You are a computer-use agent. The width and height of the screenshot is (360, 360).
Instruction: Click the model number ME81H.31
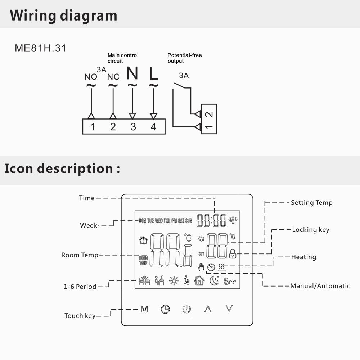(x=40, y=48)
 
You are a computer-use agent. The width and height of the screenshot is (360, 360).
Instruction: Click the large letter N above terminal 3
(x=132, y=74)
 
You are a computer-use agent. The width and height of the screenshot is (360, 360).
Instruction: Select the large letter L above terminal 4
(x=153, y=74)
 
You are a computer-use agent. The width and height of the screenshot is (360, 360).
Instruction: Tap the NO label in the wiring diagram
(x=91, y=77)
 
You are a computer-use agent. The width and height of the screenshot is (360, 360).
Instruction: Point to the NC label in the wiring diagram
(x=113, y=77)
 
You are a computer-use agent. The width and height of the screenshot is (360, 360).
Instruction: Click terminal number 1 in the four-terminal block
(x=93, y=127)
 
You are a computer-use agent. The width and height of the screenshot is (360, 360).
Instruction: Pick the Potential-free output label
(x=184, y=58)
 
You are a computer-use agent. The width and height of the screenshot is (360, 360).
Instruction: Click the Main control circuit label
(x=123, y=58)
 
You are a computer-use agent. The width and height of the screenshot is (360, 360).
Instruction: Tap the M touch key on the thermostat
(x=144, y=309)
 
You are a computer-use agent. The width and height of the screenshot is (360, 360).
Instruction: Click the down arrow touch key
(x=229, y=309)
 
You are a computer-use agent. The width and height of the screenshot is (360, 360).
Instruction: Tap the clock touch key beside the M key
(x=165, y=309)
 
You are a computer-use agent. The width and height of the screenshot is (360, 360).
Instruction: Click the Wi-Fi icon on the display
(x=233, y=220)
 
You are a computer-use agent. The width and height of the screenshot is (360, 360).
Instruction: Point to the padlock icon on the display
(x=233, y=254)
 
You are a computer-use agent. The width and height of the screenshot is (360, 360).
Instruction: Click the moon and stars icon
(x=215, y=280)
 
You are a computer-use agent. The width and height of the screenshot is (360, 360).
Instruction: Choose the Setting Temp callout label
(x=311, y=203)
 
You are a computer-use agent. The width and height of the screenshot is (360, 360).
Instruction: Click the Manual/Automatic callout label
(x=320, y=286)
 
